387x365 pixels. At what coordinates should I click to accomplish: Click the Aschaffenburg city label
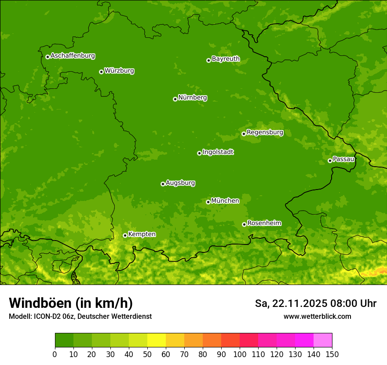pos(73,56)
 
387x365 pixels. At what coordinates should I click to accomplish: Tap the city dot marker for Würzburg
pos(101,72)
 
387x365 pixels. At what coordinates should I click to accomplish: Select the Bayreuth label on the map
pos(226,58)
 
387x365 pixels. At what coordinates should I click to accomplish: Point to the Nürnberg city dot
pos(175,99)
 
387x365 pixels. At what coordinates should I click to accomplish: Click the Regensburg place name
pos(265,132)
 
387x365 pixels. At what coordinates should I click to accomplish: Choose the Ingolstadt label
pos(218,152)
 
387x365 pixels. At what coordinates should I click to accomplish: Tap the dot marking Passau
pos(330,161)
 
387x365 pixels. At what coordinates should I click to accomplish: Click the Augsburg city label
pos(180,183)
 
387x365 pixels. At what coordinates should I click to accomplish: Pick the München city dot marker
pos(208,202)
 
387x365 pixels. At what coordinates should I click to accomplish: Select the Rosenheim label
pos(264,223)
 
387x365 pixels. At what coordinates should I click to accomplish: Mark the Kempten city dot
pos(125,235)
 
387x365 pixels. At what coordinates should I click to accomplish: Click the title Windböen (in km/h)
pos(70,303)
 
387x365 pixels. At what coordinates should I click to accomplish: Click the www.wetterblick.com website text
pos(317,316)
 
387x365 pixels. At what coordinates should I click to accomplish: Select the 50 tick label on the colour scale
pos(147,354)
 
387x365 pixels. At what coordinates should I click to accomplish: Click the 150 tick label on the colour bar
pos(332,354)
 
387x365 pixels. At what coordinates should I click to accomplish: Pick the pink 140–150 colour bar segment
pos(323,340)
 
